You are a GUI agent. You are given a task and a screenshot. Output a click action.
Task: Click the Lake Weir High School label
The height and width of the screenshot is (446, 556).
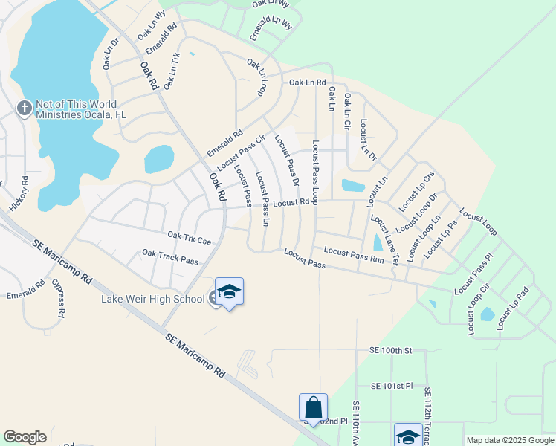pos(152,299)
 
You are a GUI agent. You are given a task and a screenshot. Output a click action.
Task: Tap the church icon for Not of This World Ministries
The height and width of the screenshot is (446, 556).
pos(24,109)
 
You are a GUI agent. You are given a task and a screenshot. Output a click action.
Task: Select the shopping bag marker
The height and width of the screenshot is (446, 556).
pos(313,407)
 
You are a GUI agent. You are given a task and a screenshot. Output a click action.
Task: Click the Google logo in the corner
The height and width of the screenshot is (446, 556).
pos(25,437)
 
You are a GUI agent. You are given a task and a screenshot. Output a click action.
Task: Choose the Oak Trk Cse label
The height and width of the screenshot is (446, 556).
pos(190,238)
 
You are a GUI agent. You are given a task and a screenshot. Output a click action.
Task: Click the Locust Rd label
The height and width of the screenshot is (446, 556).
pos(291,202)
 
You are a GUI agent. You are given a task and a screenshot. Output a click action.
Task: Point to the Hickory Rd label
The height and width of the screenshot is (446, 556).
pos(19,192)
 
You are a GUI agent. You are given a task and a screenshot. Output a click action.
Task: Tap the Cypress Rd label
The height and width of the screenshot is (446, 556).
pos(57,298)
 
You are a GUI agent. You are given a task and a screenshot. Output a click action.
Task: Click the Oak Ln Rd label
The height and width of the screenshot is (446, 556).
pos(308,83)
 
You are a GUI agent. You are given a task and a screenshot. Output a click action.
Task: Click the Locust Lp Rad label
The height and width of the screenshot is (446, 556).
pos(513,308)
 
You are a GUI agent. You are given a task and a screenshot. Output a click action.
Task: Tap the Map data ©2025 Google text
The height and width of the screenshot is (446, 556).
pos(510,440)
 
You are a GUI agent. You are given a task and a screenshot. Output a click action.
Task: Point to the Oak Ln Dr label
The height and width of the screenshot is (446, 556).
pos(110,54)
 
